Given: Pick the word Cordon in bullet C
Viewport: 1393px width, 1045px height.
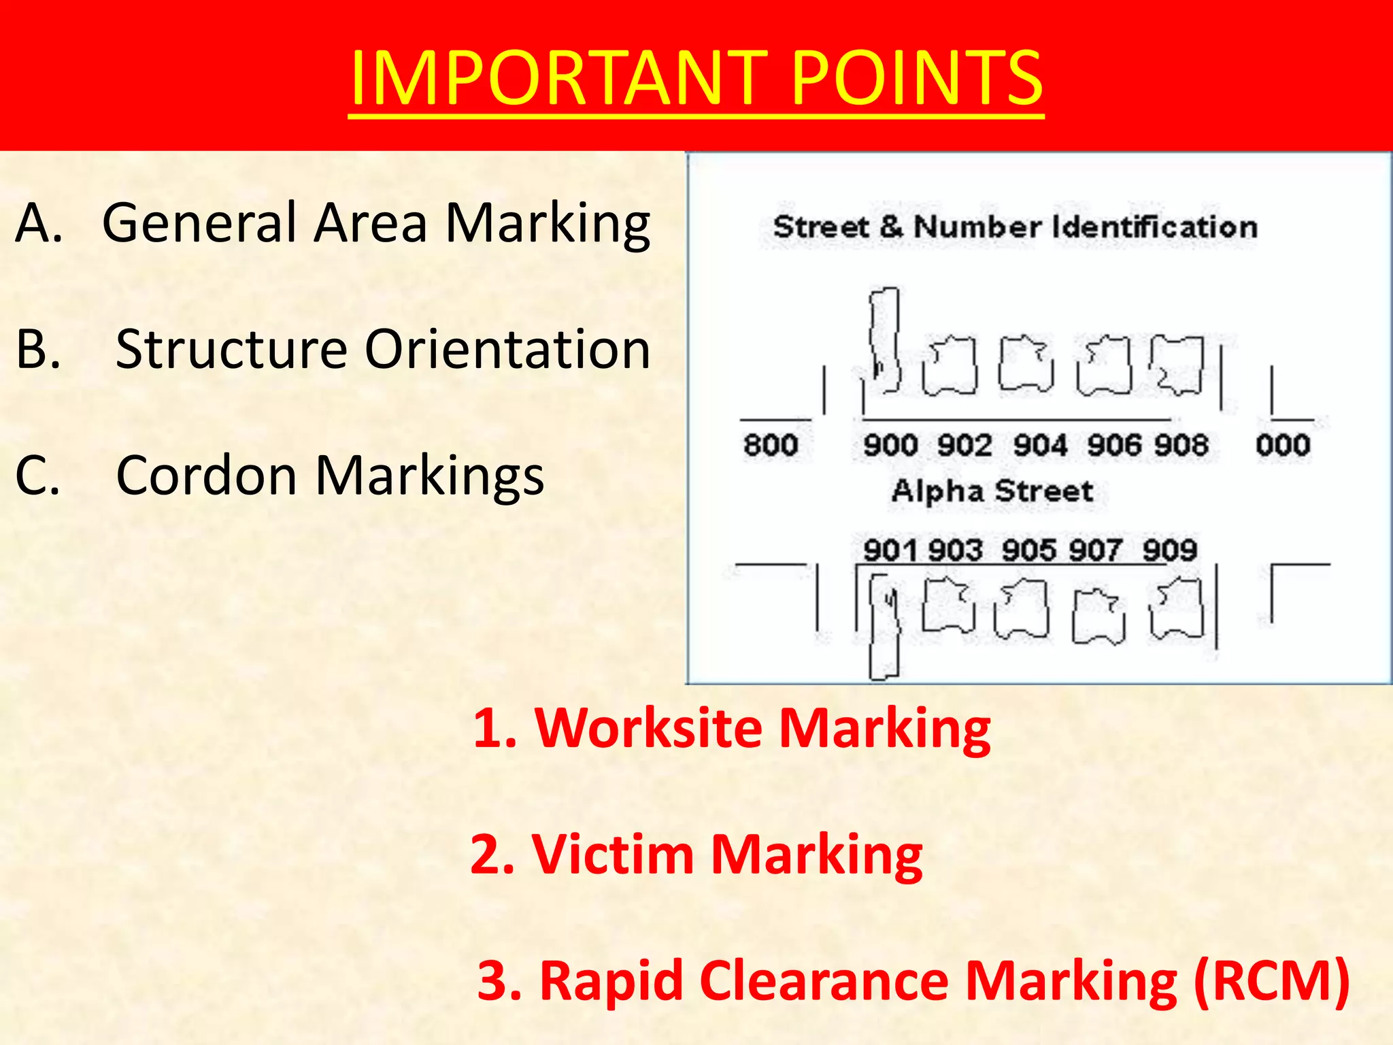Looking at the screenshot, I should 207,475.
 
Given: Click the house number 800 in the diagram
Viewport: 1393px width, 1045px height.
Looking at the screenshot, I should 771,445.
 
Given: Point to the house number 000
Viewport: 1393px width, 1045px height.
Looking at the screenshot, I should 1283,445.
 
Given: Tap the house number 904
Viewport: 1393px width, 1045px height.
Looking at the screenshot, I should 1040,446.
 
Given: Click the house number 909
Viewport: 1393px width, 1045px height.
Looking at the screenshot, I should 1169,550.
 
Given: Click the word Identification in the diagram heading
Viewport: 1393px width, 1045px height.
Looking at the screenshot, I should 1154,227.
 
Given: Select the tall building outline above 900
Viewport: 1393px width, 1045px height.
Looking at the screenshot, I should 885,340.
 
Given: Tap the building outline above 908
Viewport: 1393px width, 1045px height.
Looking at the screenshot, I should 1177,365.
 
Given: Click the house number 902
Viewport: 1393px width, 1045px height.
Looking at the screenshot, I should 964,446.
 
